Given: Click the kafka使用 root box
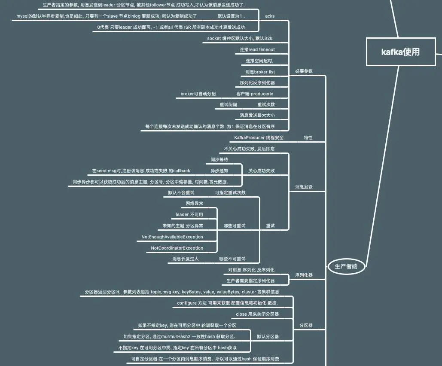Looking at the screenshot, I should tap(400, 52).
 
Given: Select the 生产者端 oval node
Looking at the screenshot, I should tap(346, 266).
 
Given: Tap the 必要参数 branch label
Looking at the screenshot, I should tap(304, 71).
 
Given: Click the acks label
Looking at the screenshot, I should tap(270, 16).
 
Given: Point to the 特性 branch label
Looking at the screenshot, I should tap(308, 138).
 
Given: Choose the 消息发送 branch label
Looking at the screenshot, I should tap(304, 187).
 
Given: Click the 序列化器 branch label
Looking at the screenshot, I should tap(304, 275).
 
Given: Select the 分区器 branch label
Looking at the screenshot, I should tap(306, 326).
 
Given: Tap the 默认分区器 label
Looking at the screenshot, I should tap(268, 336).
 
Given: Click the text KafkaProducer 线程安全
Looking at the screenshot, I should tap(259, 138).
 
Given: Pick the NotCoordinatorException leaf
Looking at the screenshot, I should tap(177, 248).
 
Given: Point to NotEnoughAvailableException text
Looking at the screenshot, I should tap(172, 237).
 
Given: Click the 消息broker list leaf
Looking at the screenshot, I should tap(260, 72).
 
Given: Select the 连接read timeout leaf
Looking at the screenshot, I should tap(257, 49).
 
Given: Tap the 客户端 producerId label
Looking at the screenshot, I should tap(255, 94).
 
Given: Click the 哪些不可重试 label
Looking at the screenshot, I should tap(232, 259).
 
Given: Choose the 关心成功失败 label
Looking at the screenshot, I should tap(261, 171).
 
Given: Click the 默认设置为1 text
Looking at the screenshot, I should tap(231, 16).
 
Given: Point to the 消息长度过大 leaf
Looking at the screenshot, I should tap(185, 259).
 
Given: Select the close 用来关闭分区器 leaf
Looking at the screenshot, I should tap(257, 314).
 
